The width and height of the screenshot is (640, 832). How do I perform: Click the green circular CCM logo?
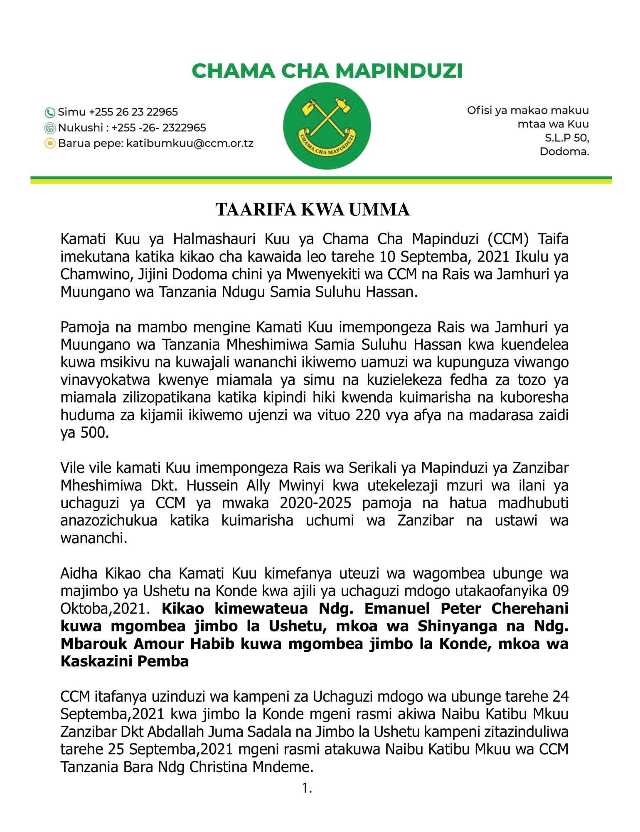coord(327,126)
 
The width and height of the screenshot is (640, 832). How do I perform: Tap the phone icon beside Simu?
coord(50,112)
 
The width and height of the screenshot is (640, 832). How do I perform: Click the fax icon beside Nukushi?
coord(50,128)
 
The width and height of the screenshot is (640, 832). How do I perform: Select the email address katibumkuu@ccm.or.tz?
coord(190,144)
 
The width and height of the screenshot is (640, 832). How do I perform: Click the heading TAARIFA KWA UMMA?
coord(313,210)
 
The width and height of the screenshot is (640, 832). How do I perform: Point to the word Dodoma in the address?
coord(564,151)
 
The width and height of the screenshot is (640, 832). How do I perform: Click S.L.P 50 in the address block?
coord(567,138)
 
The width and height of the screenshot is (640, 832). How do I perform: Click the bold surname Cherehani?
coord(530,609)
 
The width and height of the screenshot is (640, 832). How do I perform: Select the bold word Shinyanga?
coord(452,626)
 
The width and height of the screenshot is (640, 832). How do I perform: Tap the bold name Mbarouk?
coord(94,644)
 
